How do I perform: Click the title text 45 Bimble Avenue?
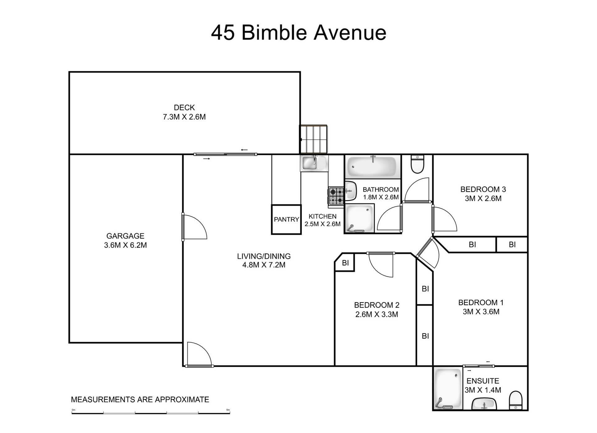tap(298, 33)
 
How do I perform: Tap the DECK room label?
tap(184, 108)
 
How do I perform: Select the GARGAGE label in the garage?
tap(125, 236)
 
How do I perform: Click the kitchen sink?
tap(314, 163)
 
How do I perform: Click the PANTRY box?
tap(286, 219)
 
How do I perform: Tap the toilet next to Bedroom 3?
tap(417, 164)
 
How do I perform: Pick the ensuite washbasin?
tap(484, 404)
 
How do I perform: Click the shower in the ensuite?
tap(448, 389)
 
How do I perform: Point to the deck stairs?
tap(313, 139)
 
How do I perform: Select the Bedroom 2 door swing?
tap(381, 264)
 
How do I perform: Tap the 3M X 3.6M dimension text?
tap(481, 312)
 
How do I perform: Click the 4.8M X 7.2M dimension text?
tap(264, 265)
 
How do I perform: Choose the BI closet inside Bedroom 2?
tap(345, 263)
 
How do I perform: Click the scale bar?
tap(151, 413)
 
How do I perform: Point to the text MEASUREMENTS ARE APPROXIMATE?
tap(140, 400)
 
